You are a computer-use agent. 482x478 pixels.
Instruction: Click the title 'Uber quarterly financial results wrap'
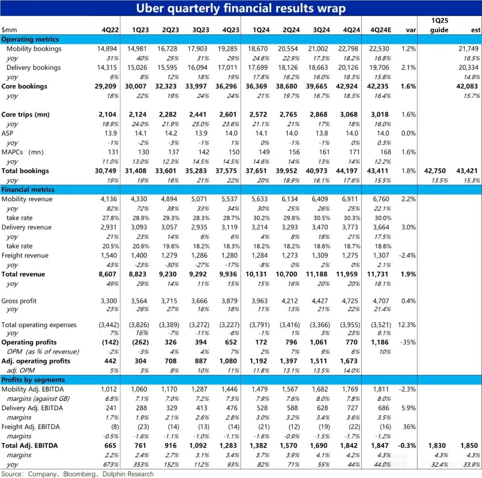pyautogui.click(x=241, y=8)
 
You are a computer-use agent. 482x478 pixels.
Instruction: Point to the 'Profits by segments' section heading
pyautogui.click(x=33, y=380)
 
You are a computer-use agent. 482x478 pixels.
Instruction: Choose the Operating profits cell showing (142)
pyautogui.click(x=110, y=342)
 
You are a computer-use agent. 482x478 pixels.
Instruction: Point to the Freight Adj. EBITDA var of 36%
pyautogui.click(x=410, y=427)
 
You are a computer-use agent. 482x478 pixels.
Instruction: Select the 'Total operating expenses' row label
pyautogui.click(x=39, y=325)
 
